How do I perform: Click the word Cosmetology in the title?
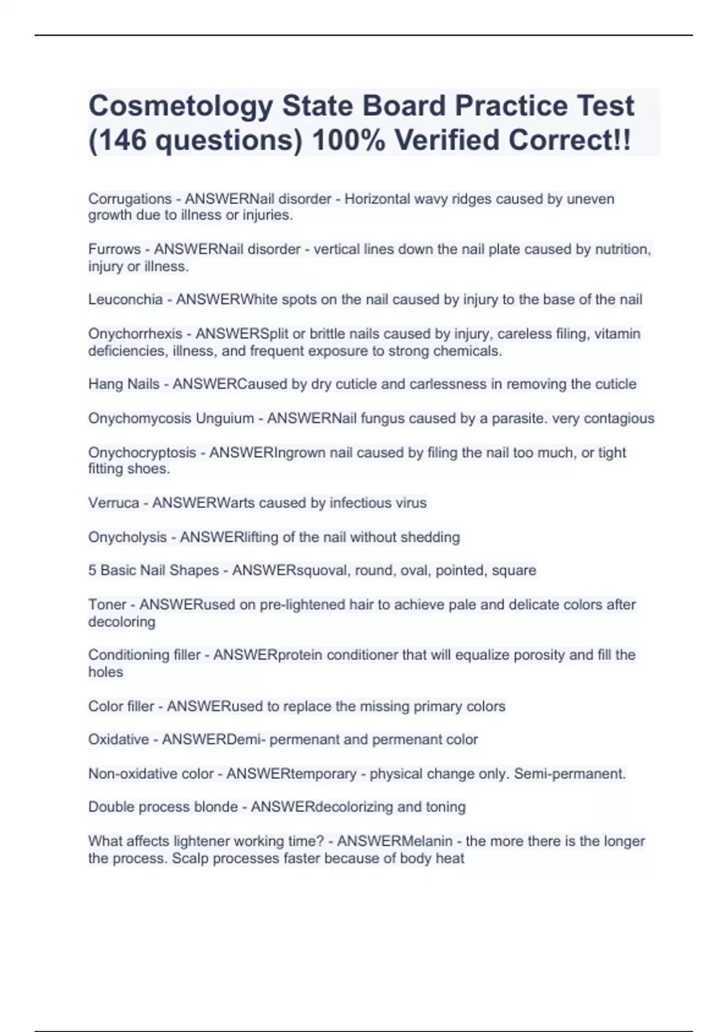coord(180,107)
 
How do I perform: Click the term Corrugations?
coord(130,199)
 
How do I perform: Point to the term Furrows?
coord(114,250)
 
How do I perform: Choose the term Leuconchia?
coord(125,299)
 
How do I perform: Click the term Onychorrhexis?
coord(135,334)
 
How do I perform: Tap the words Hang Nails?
coord(124,384)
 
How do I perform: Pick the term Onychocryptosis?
coord(142,453)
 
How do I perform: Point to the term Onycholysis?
coord(127,537)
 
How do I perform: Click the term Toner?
coord(107,605)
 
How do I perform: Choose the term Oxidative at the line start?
coord(118,740)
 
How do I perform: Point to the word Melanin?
coord(425,841)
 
